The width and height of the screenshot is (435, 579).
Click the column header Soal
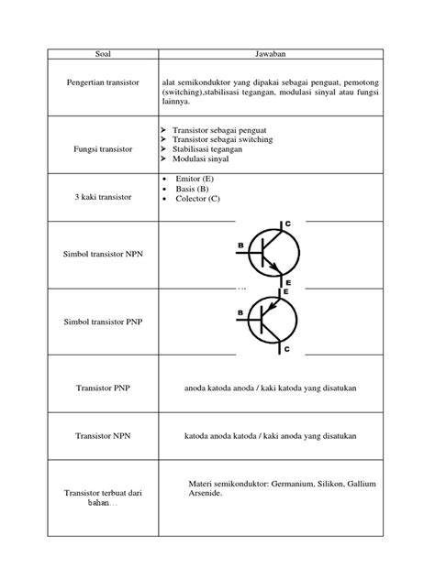pyautogui.click(x=102, y=53)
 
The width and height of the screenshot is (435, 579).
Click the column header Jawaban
pyautogui.click(x=272, y=53)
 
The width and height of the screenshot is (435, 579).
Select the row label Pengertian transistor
pyautogui.click(x=103, y=82)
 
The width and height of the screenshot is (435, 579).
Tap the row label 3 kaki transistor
pyautogui.click(x=102, y=198)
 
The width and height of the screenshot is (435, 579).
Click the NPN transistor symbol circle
pyautogui.click(x=273, y=249)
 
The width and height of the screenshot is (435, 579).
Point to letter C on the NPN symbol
pyautogui.click(x=287, y=224)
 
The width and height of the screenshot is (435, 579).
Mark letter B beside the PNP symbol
pyautogui.click(x=240, y=312)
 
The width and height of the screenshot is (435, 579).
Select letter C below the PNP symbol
pyautogui.click(x=286, y=350)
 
